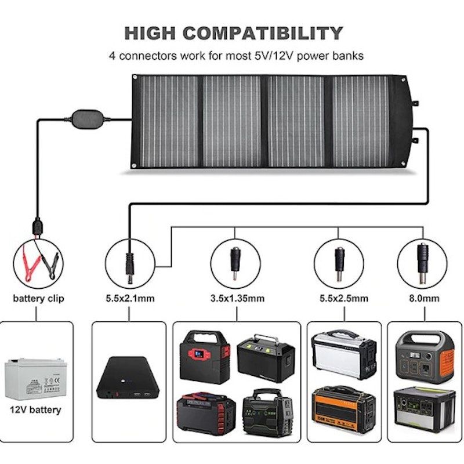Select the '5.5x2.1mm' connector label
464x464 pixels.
[x=129, y=299]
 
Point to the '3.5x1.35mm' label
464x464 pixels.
[x=237, y=299]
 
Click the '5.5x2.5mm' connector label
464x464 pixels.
[x=340, y=299]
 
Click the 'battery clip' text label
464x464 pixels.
[x=39, y=299]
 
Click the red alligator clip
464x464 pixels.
[x=28, y=256]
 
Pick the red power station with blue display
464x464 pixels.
[x=204, y=356]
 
